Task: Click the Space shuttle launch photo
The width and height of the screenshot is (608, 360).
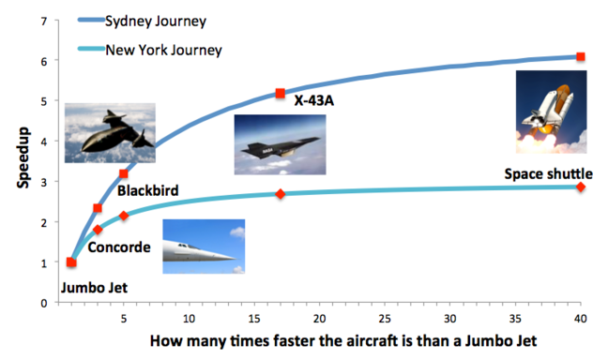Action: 552,112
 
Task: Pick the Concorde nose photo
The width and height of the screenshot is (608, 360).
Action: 204,246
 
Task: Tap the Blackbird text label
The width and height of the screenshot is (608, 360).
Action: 148,191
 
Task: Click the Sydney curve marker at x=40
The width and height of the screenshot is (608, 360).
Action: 581,57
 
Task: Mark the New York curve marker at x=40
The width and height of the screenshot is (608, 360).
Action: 581,187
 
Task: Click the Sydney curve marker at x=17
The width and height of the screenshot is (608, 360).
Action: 280,94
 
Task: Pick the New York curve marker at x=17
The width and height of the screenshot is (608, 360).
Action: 280,194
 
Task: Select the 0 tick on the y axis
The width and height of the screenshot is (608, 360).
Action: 44,304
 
